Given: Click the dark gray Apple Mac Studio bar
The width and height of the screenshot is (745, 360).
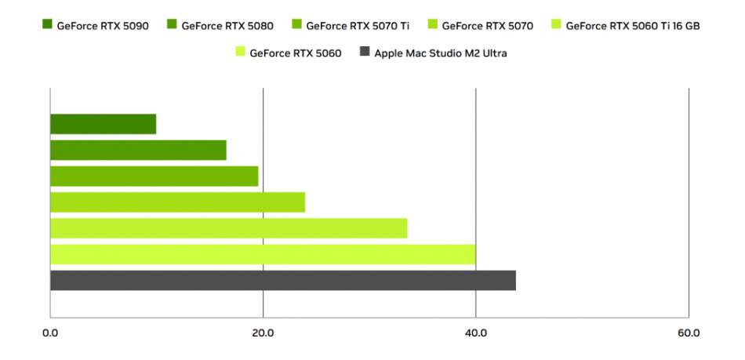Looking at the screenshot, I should pos(282,280).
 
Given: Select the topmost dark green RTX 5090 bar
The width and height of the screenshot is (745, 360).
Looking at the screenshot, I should pos(103,124).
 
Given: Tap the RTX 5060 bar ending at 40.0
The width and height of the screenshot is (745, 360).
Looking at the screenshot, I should pos(263,254).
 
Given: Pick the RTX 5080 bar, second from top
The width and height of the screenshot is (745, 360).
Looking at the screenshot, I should pos(138,150).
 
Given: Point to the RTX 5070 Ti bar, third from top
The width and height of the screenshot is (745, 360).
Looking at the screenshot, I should pos(154,176).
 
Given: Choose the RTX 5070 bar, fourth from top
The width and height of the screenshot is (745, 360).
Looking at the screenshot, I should pos(177,202).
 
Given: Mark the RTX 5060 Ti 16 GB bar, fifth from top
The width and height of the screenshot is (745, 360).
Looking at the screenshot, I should pos(228,228).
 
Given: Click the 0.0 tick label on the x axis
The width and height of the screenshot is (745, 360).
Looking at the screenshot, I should pos(49,333).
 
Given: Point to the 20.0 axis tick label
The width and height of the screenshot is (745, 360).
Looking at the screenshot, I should pos(263,333).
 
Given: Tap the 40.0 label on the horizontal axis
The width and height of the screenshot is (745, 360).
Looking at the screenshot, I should pos(475,333).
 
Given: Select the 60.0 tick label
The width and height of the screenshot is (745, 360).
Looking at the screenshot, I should pos(688,333).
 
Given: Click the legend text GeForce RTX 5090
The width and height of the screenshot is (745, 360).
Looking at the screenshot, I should pos(102,26).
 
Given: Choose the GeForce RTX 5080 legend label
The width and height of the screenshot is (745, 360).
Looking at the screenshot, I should pos(227,26).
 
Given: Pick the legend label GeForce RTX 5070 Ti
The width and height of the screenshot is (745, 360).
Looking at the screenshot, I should pos(358,26).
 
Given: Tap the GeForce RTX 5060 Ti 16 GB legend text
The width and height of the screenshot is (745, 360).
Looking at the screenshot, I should pos(632,26).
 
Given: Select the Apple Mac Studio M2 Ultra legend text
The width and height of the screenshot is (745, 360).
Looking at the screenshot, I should pos(440,53).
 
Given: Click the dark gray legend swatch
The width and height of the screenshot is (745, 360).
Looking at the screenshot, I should pos(364,53).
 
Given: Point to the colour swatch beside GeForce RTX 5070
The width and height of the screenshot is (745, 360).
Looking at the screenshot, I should pos(432,26).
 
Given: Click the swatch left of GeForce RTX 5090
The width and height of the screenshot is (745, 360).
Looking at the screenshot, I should pos(47,26).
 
